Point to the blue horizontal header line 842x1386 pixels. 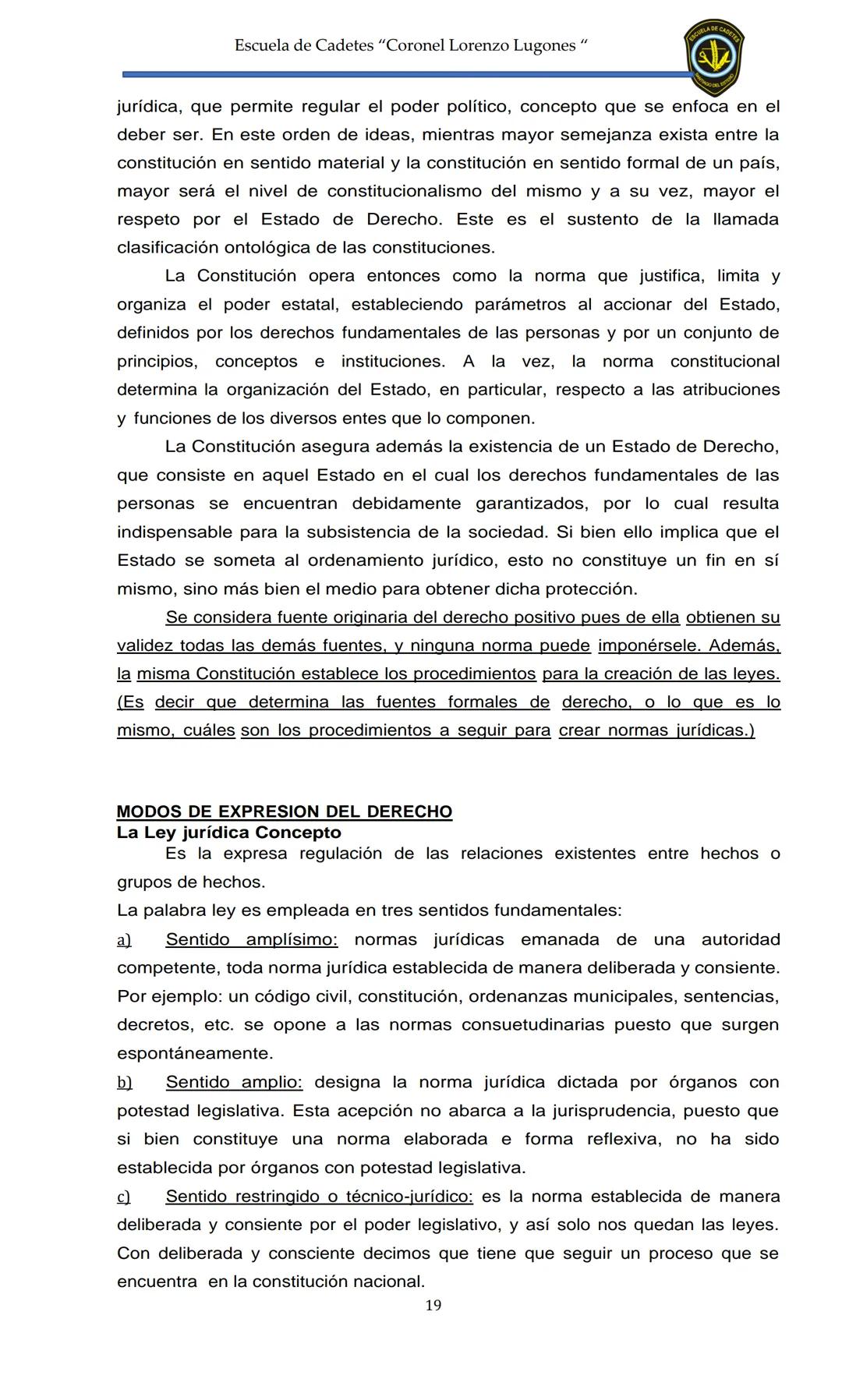405,75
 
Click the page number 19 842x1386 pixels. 433,1305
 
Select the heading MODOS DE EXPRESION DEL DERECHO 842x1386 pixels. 284,811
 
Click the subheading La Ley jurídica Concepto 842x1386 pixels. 228,833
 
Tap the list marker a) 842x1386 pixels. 124,940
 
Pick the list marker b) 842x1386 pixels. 124,1083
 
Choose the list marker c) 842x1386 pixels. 123,1197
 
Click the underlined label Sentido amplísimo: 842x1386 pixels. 252,939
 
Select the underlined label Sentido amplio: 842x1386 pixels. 234,1082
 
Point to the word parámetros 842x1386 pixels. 521,304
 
